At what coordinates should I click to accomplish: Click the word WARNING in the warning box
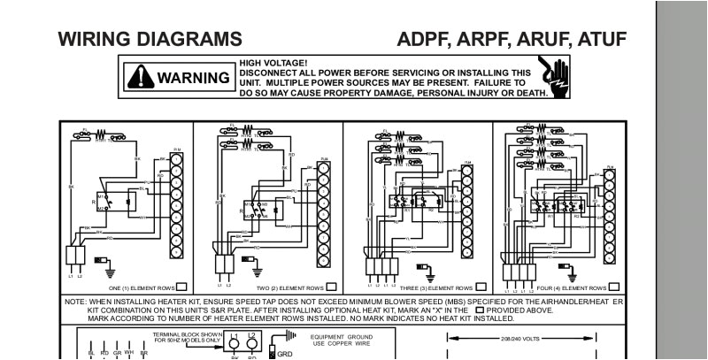point(193,78)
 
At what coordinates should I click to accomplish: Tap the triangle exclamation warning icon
point(142,78)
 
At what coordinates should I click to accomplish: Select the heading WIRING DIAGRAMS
point(150,40)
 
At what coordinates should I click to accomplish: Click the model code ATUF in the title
point(603,40)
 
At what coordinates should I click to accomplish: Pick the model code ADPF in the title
point(424,40)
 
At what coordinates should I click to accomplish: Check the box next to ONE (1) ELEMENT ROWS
point(181,287)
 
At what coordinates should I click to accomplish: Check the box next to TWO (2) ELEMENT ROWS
point(331,287)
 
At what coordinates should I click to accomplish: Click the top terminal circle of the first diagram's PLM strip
point(177,158)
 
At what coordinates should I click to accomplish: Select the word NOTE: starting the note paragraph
point(76,301)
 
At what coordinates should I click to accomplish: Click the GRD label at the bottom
point(284,354)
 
